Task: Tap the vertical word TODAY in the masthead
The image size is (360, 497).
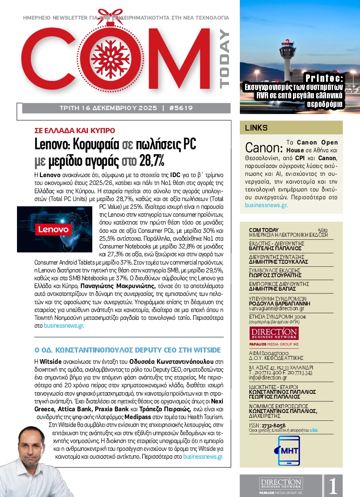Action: tap(223, 59)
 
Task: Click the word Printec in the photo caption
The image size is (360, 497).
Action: tap(324, 78)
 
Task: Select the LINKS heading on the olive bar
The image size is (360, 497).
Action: tap(257, 128)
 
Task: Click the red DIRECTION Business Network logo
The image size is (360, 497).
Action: tap(274, 333)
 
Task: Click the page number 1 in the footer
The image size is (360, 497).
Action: tap(333, 486)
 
